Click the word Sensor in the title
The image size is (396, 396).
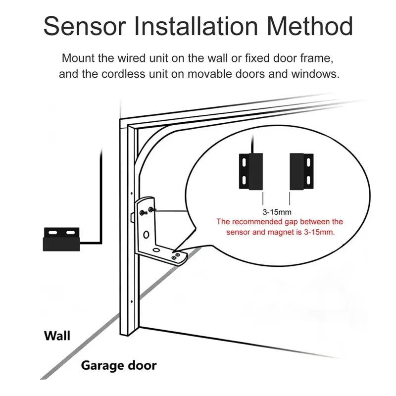pos(85,26)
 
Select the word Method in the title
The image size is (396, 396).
pos(310,26)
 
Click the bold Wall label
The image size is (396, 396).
pos(57,336)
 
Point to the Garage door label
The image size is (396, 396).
pos(119,366)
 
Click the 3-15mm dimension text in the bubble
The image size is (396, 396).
pos(277,212)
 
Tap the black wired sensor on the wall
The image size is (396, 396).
pos(61,240)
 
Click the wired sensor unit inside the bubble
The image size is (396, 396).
pos(251,171)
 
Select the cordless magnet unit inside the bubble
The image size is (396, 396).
pos(301,171)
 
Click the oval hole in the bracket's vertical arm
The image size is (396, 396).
pos(146,235)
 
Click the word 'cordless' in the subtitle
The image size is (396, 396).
pos(123,74)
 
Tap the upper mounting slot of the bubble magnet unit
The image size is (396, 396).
pos(308,163)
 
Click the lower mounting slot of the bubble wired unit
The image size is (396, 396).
pos(244,180)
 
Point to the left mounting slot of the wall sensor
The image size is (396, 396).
pos(53,232)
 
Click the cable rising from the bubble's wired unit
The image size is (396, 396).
pos(252,144)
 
